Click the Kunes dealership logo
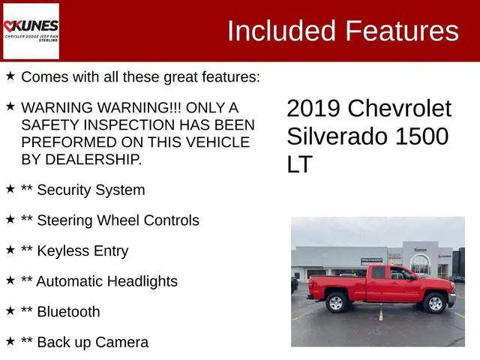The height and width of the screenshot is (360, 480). (x=31, y=30)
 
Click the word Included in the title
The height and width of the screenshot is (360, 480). (x=280, y=31)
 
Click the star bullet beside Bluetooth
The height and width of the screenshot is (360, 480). (x=10, y=310)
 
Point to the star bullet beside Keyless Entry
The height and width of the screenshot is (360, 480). (x=10, y=249)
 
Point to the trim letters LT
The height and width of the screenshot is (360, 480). (x=299, y=164)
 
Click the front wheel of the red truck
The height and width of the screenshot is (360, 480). (x=434, y=303)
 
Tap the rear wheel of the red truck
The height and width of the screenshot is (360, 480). (x=336, y=302)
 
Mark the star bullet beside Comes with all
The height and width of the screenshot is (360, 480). (x=10, y=75)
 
